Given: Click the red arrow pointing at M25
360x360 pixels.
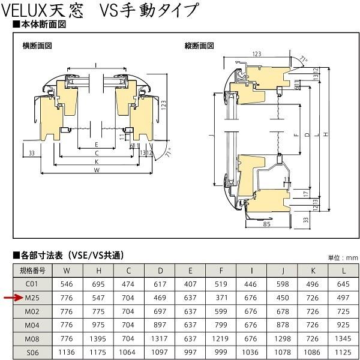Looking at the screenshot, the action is (x=13, y=298).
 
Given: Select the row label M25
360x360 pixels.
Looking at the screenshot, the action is (x=32, y=298).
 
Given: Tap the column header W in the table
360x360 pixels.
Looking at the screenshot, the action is (x=67, y=271).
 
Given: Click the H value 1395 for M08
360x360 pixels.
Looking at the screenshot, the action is (x=98, y=338).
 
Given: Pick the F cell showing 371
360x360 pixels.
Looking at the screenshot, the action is (x=221, y=298).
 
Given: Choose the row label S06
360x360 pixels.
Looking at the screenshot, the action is (x=32, y=352).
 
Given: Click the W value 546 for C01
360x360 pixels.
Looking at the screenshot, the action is (x=67, y=284).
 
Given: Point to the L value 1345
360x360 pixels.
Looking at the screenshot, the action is (x=343, y=338).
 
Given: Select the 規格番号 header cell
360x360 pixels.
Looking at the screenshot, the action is (x=32, y=271).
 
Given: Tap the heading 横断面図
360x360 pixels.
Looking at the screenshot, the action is (x=37, y=46).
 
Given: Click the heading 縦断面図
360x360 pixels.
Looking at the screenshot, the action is (x=199, y=46).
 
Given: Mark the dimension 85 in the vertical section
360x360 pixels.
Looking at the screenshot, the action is (x=266, y=224).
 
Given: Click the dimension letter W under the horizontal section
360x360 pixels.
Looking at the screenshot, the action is (x=97, y=170).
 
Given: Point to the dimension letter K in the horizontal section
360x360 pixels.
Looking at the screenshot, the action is (x=97, y=161).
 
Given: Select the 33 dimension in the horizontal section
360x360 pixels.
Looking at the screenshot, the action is (x=32, y=153).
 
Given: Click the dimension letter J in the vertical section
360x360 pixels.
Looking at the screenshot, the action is (x=211, y=136).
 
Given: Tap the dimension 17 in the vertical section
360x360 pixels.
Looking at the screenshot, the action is (x=306, y=194).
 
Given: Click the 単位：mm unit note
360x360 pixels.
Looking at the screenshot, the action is (x=343, y=258).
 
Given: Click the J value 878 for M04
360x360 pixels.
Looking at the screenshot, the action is (x=283, y=325).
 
